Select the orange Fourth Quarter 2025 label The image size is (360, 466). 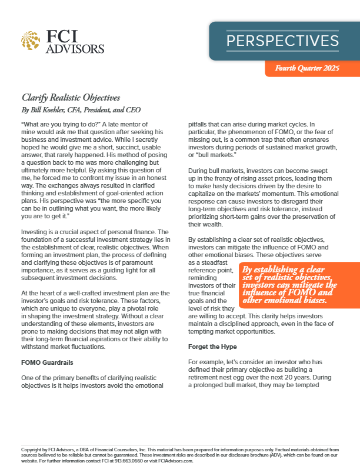click(307, 69)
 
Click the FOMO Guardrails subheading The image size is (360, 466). click(47, 362)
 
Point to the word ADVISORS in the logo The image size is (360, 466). click(78, 48)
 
